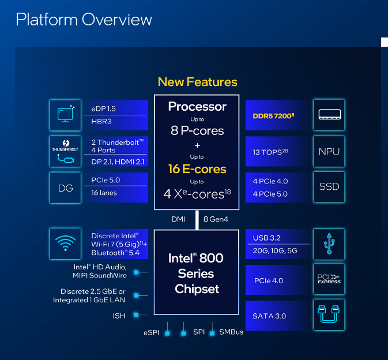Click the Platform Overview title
[x=84, y=19]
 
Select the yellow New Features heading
[x=198, y=82]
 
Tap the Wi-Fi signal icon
[x=65, y=243]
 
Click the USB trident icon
[x=329, y=243]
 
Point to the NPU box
[x=329, y=151]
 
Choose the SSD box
[x=329, y=187]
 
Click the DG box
[x=65, y=188]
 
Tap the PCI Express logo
[x=329, y=279]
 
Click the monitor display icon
[x=65, y=114]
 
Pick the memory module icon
[x=330, y=114]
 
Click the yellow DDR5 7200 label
[x=273, y=115]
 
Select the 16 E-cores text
[x=197, y=169]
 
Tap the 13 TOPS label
[x=270, y=152]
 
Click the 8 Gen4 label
[x=216, y=219]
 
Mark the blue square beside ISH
[x=136, y=315]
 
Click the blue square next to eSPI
[x=168, y=333]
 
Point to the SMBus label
[x=231, y=332]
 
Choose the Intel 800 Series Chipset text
[x=196, y=273]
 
